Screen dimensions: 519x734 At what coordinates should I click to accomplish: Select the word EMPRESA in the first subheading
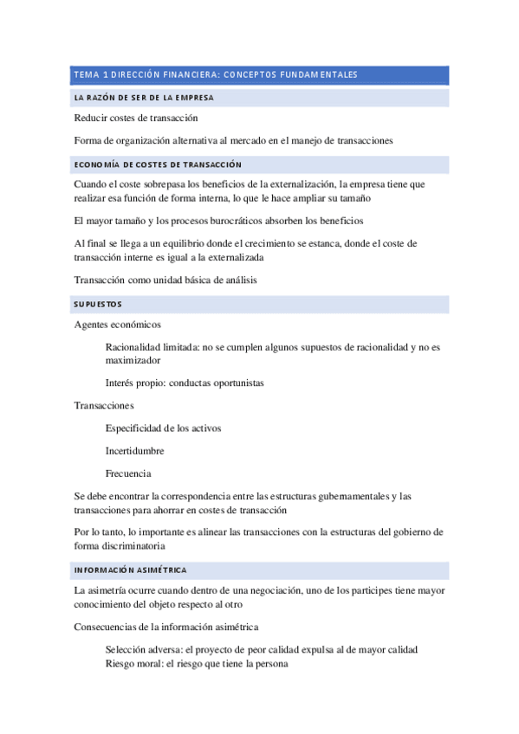[190, 98]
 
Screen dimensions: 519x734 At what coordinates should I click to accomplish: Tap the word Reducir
[92, 118]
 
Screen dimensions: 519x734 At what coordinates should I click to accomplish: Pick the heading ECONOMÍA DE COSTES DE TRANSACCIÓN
[158, 164]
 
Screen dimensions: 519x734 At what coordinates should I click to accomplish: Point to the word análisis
[236, 280]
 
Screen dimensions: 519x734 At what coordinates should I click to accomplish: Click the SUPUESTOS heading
[98, 304]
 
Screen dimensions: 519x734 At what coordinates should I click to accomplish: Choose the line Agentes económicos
[118, 325]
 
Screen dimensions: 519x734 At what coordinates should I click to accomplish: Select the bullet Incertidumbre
[134, 451]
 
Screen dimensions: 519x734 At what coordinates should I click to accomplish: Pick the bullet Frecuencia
[128, 473]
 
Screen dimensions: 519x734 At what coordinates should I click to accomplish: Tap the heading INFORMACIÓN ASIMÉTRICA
[130, 570]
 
